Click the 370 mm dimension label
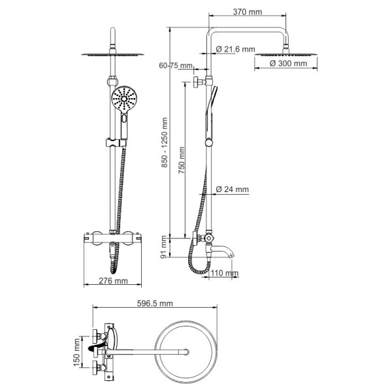click(x=247, y=12)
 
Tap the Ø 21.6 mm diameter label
click(x=235, y=49)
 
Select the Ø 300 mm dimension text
click(x=288, y=63)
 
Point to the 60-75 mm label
click(x=176, y=65)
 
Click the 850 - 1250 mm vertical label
click(x=164, y=142)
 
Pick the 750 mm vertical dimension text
click(x=182, y=160)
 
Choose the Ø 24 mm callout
click(x=232, y=189)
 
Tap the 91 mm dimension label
click(x=163, y=247)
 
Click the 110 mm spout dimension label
click(x=224, y=272)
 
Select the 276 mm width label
click(x=113, y=281)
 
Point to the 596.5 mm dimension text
click(x=155, y=303)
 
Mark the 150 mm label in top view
click(x=76, y=352)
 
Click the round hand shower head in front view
click(x=124, y=99)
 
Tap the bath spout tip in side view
click(x=232, y=255)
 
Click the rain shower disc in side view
click(x=286, y=54)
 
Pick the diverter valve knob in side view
click(x=208, y=238)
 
